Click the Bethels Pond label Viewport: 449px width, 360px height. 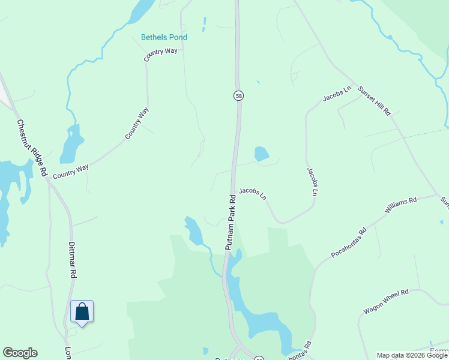[x=164, y=37]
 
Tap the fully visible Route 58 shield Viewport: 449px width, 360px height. [x=238, y=95]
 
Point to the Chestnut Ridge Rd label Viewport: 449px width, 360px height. [x=32, y=148]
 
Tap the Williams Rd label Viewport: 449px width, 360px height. [x=400, y=205]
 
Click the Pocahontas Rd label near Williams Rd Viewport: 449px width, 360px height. [x=348, y=243]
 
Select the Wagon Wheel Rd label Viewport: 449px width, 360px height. [x=385, y=302]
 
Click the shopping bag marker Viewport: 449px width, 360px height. [x=82, y=312]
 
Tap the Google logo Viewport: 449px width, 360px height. [x=20, y=353]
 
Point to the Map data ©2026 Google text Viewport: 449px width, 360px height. [x=412, y=355]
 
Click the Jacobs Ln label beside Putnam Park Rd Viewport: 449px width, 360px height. [x=252, y=193]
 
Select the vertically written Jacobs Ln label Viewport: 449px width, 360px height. [x=312, y=182]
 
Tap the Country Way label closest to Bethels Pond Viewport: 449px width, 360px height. [x=160, y=55]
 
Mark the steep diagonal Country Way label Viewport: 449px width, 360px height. [x=136, y=123]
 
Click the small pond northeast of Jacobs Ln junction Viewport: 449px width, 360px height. [x=261, y=154]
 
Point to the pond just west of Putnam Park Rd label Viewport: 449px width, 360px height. [x=193, y=230]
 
